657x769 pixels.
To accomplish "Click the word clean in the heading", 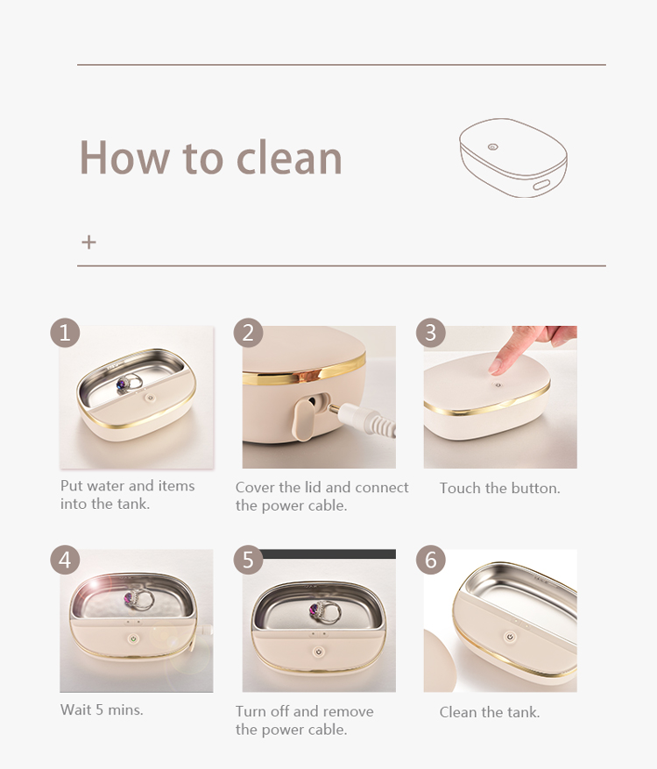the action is [x=289, y=158].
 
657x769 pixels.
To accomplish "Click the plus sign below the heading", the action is [x=88, y=243].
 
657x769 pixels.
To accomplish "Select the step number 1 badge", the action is [x=65, y=333].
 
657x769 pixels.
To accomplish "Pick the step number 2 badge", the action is [x=248, y=333].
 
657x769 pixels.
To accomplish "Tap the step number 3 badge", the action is [x=431, y=333].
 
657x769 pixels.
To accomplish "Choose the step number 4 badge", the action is [x=65, y=560].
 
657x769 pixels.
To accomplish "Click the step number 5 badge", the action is [x=248, y=560].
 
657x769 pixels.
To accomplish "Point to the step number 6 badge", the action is [x=431, y=560].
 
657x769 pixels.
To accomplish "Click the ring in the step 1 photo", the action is [x=129, y=383].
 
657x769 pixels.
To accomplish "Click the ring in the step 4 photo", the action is [x=140, y=598].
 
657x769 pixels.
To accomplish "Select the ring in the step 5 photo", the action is [x=324, y=611].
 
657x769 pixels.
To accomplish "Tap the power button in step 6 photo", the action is [x=511, y=637].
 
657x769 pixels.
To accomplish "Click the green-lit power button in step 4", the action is [x=132, y=639].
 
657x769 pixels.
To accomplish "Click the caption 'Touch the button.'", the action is [x=499, y=489].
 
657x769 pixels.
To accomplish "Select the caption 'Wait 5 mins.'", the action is [x=102, y=709].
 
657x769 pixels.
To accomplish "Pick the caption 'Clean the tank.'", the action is [x=489, y=712].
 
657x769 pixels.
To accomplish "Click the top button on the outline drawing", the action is [x=492, y=146].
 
